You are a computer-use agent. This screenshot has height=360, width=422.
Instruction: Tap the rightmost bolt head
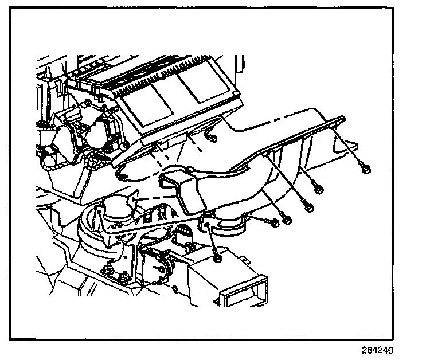[x=365, y=167]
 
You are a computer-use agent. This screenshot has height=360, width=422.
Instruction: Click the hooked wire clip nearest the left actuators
[x=122, y=171]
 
